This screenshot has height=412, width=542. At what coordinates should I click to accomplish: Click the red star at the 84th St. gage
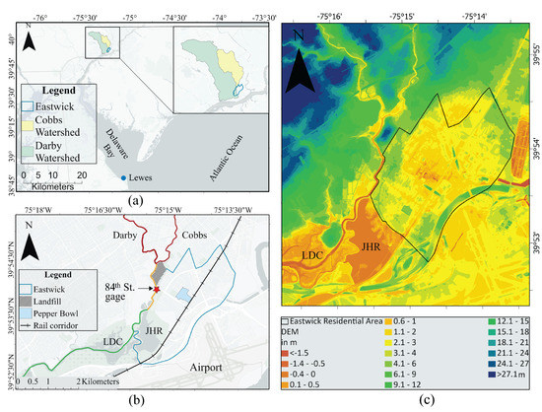click(x=156, y=289)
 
